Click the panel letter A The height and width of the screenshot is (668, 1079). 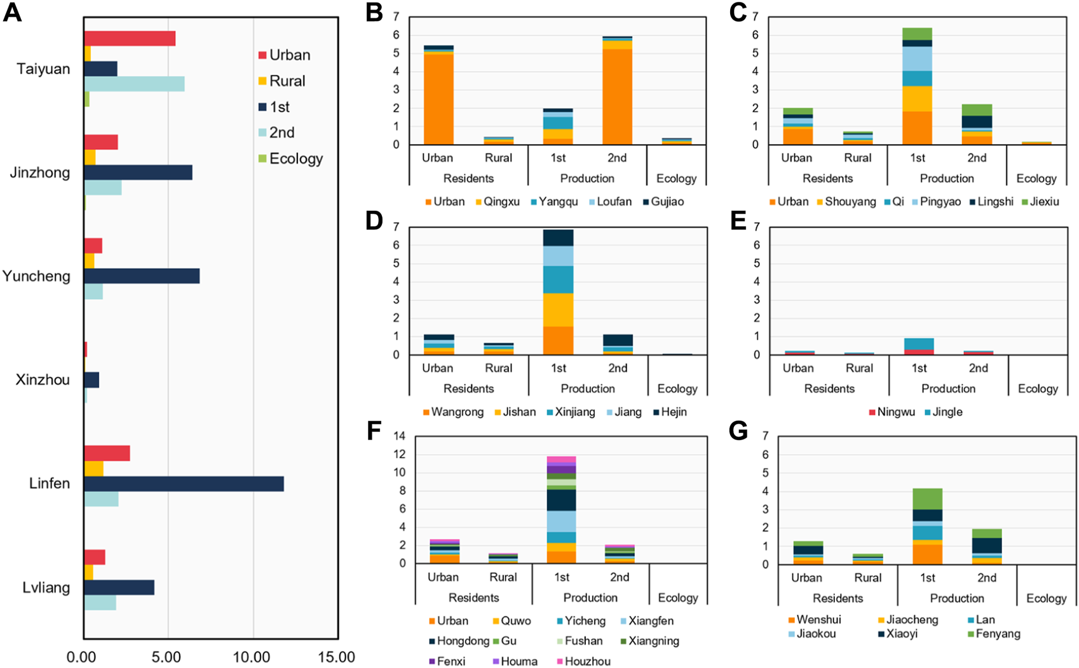[x=12, y=13]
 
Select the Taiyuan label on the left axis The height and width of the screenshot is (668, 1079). [x=43, y=69]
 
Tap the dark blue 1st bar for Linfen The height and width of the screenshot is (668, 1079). [x=184, y=484]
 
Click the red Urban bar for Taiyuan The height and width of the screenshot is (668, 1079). [x=130, y=38]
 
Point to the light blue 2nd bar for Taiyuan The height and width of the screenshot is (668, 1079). [x=134, y=84]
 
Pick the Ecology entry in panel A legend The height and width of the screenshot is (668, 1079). [x=295, y=159]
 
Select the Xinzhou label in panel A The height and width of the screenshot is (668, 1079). [x=43, y=380]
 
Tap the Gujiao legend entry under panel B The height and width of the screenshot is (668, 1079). [x=667, y=202]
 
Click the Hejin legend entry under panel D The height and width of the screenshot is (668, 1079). [x=673, y=412]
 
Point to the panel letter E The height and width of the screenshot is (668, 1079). [x=738, y=221]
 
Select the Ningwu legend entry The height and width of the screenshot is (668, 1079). [x=895, y=412]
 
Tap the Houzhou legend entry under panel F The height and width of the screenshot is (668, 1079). [x=587, y=661]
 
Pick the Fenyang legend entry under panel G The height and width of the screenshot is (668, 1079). [x=998, y=634]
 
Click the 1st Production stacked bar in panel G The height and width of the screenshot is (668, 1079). [x=927, y=526]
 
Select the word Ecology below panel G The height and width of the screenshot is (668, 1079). [x=1046, y=598]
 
